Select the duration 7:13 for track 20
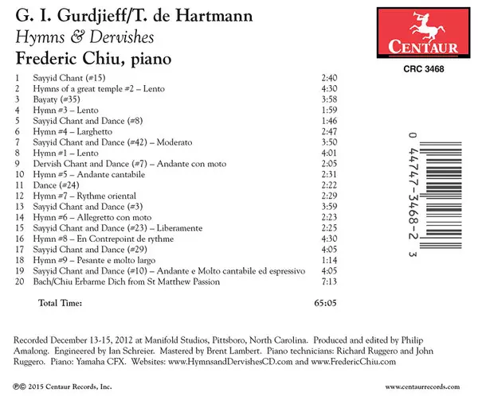click(x=328, y=281)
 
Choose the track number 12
click(x=18, y=195)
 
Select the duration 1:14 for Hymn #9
click(x=328, y=260)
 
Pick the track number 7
click(x=17, y=141)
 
